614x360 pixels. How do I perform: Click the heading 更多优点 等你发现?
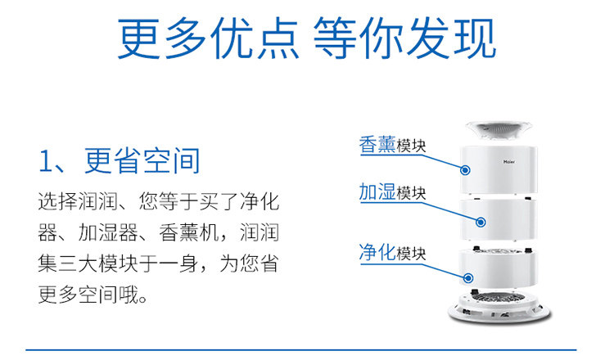click(x=306, y=39)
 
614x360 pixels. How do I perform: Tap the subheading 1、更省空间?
click(x=119, y=160)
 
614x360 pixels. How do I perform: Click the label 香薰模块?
click(x=392, y=146)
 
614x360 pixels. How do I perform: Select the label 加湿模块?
click(x=392, y=193)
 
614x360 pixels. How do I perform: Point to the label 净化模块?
click(x=392, y=252)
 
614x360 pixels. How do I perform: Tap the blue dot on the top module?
click(x=465, y=171)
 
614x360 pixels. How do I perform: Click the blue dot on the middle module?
click(x=482, y=221)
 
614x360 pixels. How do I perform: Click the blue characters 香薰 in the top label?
click(x=377, y=146)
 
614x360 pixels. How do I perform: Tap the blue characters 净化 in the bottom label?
click(x=377, y=252)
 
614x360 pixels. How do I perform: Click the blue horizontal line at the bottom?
click(x=306, y=350)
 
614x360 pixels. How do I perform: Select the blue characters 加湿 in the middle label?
click(x=377, y=193)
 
